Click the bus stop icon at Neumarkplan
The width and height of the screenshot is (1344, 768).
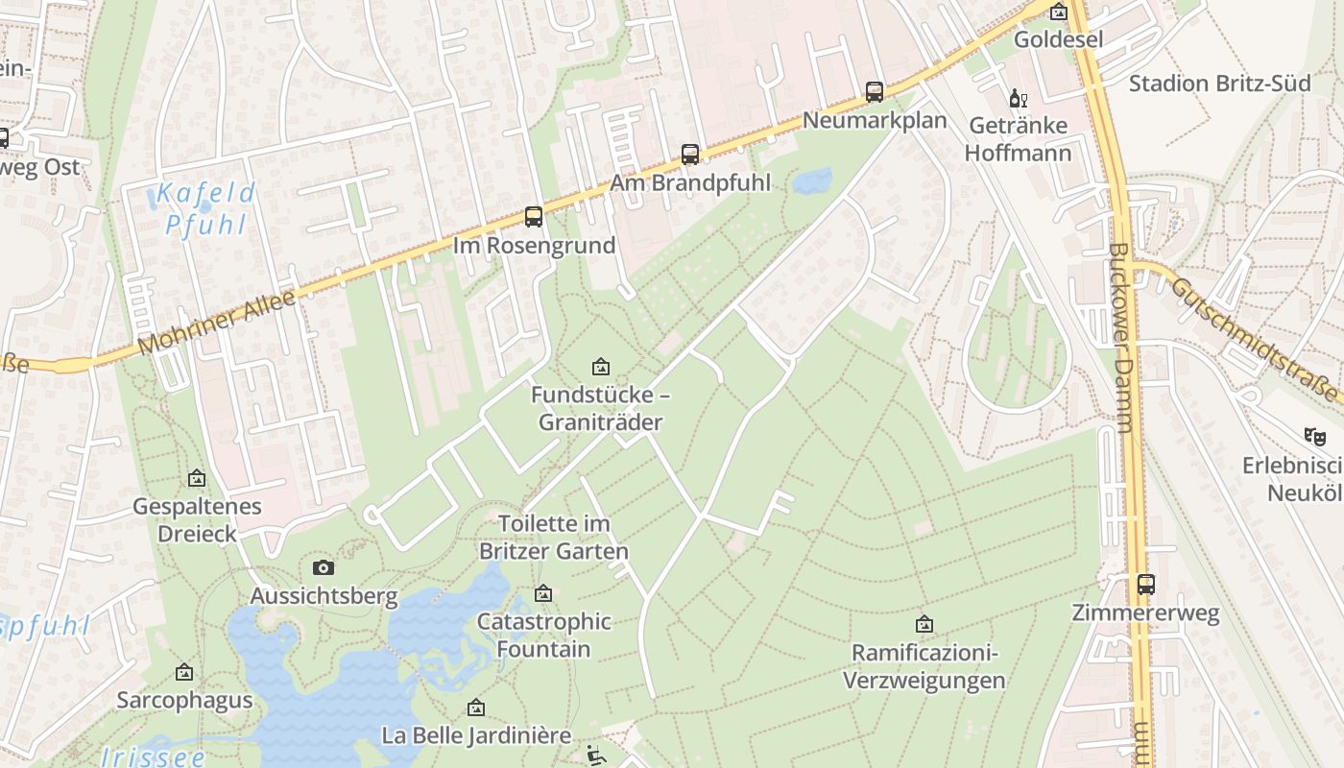tap(874, 92)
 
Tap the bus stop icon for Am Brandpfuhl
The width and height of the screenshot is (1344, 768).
tap(689, 155)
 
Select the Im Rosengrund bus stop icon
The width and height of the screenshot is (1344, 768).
tap(534, 217)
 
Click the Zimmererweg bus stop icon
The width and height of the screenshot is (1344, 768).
tap(1145, 584)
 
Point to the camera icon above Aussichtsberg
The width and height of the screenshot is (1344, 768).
tap(324, 567)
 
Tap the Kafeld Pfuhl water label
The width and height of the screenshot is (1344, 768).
tap(205, 208)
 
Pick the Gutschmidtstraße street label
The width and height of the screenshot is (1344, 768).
tap(1253, 338)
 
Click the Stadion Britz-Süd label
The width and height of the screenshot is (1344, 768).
tap(1219, 84)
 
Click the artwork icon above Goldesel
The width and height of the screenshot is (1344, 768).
tap(1058, 12)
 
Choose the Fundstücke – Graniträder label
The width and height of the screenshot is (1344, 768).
tap(600, 409)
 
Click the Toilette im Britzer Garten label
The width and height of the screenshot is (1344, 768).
tap(554, 538)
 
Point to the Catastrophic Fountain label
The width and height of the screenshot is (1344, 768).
tap(543, 636)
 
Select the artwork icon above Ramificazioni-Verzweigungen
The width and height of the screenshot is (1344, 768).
tap(924, 625)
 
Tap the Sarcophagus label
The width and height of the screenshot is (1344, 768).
tap(184, 700)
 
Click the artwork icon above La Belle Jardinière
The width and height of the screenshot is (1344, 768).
tap(475, 708)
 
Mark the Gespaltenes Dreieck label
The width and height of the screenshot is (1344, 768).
tap(197, 520)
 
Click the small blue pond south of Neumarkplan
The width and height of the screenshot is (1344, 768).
tap(812, 180)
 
